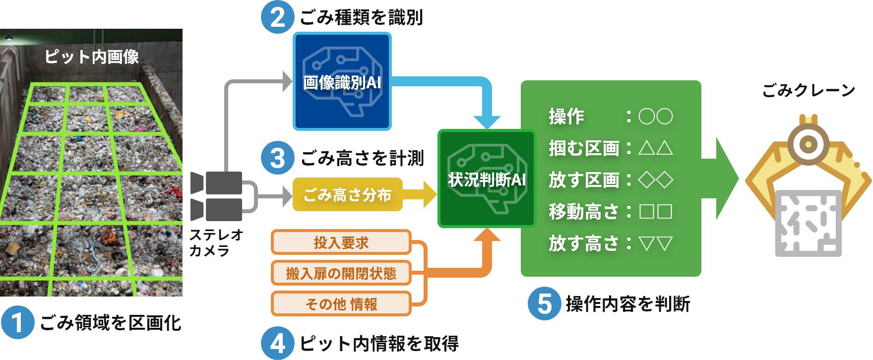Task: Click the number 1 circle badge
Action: pos(17,322)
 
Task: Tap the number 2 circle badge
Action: pos(277,17)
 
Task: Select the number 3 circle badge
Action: pos(277,158)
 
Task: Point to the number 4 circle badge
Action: pos(277,343)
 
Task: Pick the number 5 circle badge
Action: pos(544,303)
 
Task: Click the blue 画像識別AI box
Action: pos(342,82)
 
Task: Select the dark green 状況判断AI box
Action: pos(487,179)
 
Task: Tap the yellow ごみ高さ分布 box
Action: pos(347,195)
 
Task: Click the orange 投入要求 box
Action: pos(341,242)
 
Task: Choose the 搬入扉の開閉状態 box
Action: pos(341,273)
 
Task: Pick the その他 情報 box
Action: pos(341,304)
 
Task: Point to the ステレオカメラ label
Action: pos(216,242)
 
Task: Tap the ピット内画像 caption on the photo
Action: pos(92,57)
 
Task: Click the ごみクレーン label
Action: pos(809,90)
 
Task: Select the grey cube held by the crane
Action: pos(808,222)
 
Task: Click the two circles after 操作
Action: pos(655,117)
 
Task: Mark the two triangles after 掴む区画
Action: pos(655,148)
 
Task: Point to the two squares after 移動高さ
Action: pos(655,211)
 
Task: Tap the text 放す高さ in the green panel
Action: pos(584,243)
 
